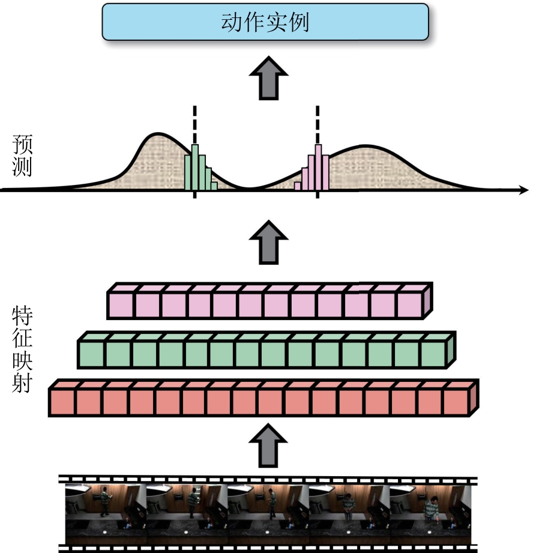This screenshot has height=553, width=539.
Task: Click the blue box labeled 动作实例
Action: [265, 22]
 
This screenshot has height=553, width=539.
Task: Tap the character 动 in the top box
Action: [232, 22]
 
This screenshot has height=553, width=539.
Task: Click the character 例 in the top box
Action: [299, 22]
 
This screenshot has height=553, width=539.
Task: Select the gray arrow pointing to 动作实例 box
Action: [269, 78]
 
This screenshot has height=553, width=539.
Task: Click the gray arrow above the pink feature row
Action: [269, 243]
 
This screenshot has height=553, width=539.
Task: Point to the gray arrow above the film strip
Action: [268, 446]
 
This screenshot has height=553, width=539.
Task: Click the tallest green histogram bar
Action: [195, 168]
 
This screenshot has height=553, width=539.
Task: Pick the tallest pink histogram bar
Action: [318, 168]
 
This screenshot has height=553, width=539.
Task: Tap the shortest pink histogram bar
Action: [298, 186]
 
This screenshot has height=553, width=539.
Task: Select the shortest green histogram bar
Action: [214, 186]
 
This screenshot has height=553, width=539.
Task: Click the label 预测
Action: [22, 155]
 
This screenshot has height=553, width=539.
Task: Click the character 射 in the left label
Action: [22, 382]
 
